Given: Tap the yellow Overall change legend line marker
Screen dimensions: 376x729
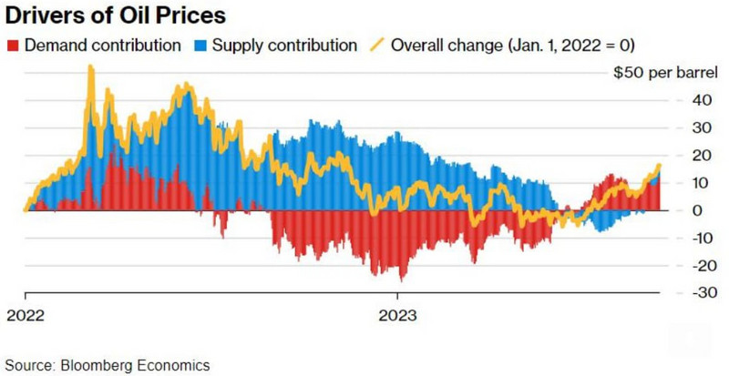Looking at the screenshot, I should click(x=376, y=44).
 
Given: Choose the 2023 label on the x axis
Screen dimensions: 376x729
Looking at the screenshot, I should click(x=399, y=317).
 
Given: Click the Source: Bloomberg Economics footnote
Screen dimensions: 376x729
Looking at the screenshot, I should click(x=107, y=365).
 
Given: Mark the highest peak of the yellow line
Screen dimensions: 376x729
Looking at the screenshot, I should click(x=90, y=66).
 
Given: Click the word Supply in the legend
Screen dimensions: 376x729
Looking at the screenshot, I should click(x=233, y=44).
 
